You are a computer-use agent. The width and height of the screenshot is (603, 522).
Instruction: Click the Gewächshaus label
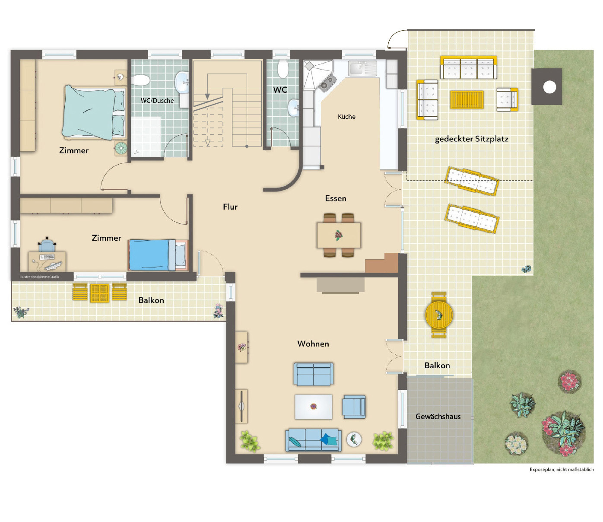pos(438,417)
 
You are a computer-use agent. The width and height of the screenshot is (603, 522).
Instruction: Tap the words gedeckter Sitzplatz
pos(471,139)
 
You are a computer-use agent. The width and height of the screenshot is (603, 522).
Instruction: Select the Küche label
pos(346,117)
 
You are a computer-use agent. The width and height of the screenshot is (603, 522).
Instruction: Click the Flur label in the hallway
pos(230,207)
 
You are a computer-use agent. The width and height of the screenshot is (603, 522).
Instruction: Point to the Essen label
pos(336,198)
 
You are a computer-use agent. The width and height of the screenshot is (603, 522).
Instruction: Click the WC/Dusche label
pos(157,101)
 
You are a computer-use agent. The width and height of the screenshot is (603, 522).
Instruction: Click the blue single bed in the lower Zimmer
pos(158,255)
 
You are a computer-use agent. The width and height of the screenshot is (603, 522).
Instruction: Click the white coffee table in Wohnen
pos(314,407)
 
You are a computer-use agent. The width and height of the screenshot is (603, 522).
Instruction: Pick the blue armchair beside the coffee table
pos(354,407)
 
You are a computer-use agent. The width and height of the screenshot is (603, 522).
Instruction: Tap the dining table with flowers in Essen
pos(339,235)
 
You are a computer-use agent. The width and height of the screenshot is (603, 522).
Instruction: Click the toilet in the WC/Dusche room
pos(141,80)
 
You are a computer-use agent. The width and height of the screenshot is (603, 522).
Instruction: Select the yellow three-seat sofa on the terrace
pos(468,68)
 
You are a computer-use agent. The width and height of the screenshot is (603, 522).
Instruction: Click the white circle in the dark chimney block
pos(549,87)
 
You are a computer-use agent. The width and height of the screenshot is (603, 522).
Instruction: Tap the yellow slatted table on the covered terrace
pos(467,100)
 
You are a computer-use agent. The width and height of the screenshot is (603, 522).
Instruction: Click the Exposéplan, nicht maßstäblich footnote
pos(561,469)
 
